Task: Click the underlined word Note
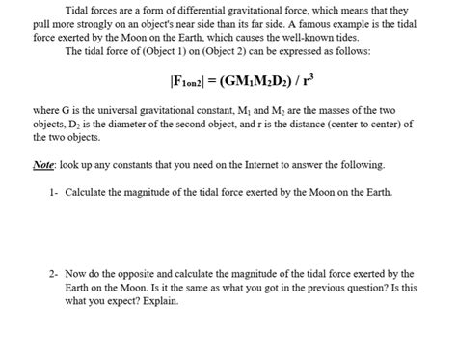click(x=43, y=165)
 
